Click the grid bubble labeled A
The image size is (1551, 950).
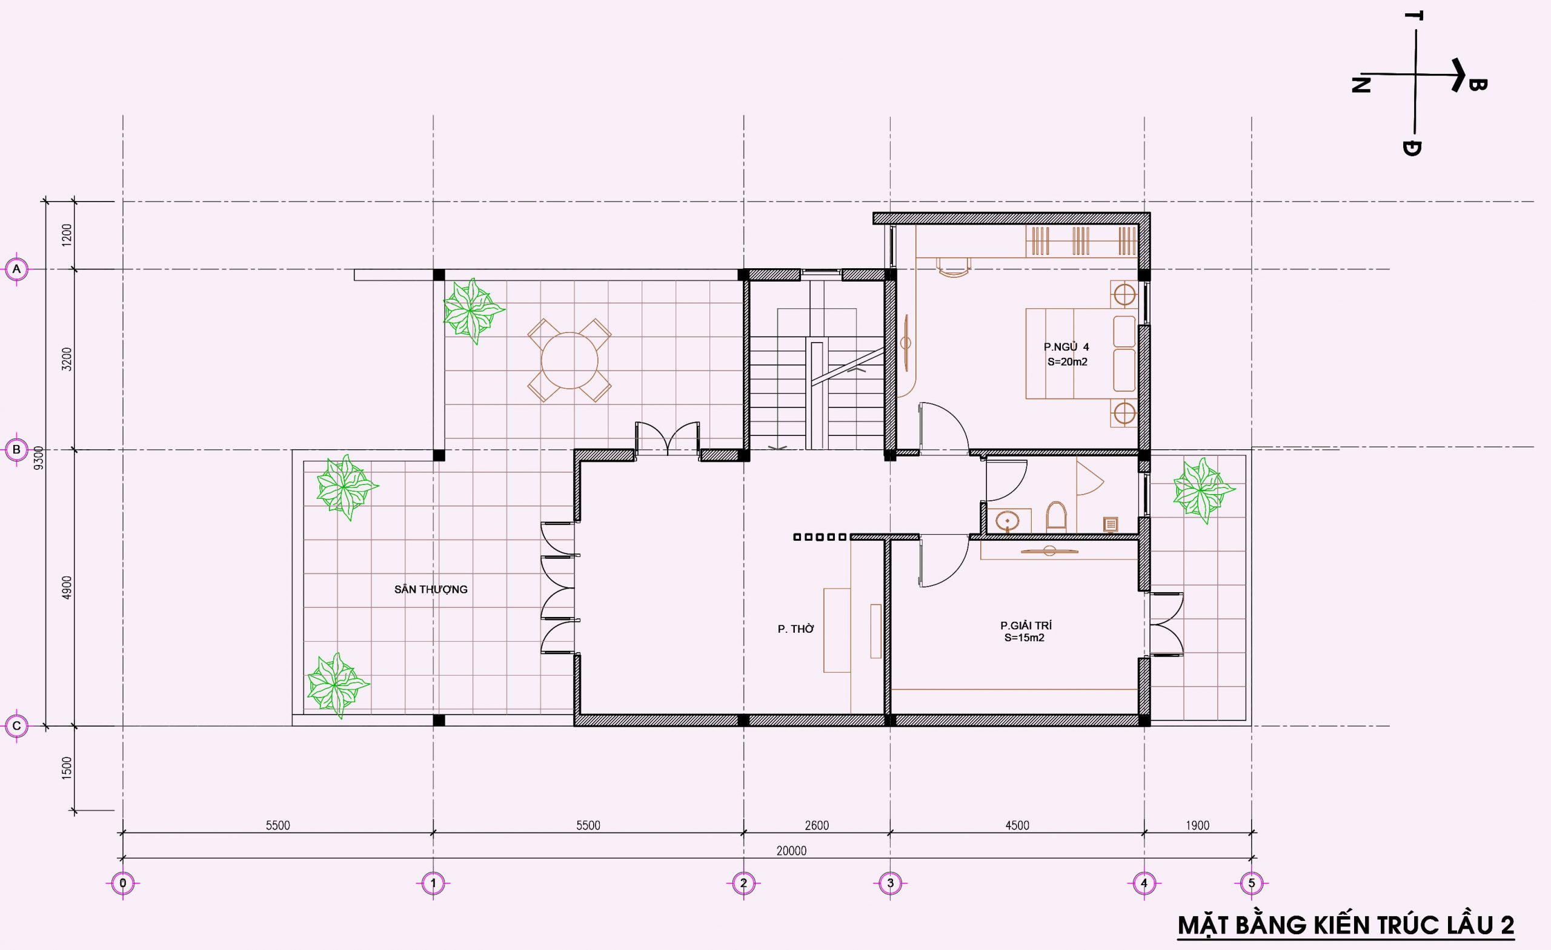click(x=17, y=270)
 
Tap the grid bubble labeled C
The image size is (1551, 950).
click(x=17, y=726)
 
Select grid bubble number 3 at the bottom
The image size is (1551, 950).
click(x=890, y=883)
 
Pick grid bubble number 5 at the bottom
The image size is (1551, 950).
click(x=1251, y=883)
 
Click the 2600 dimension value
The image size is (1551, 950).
click(x=817, y=825)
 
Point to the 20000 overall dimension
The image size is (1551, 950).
click(x=791, y=851)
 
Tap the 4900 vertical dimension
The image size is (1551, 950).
click(x=67, y=587)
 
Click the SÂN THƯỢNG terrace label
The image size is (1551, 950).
click(x=431, y=590)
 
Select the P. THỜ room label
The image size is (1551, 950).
click(x=795, y=629)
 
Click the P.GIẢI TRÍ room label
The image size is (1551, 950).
click(x=1026, y=625)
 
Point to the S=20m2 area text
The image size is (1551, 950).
click(x=1068, y=361)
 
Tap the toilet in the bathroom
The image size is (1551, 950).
click(x=1055, y=516)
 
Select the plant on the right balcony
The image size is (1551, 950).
click(x=1202, y=490)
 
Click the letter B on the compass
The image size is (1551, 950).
click(x=1477, y=84)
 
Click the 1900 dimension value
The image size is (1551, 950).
click(x=1197, y=825)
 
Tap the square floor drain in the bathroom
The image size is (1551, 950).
click(x=1110, y=524)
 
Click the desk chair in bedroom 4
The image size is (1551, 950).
click(x=953, y=268)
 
